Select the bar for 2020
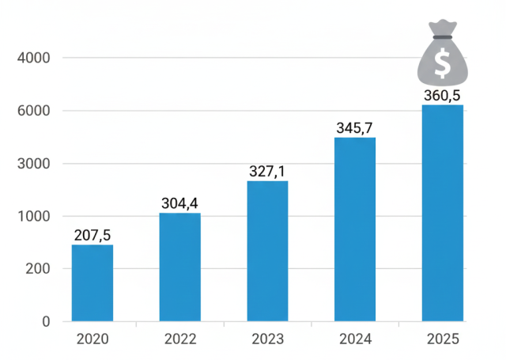pyautogui.click(x=93, y=282)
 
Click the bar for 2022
pyautogui.click(x=179, y=267)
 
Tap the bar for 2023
pyautogui.click(x=267, y=251)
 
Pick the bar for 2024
pyautogui.click(x=355, y=229)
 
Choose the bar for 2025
pyautogui.click(x=442, y=213)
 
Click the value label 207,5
pyautogui.click(x=93, y=235)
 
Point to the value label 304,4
pyautogui.click(x=179, y=203)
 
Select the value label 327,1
pyautogui.click(x=267, y=172)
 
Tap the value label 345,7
pyautogui.click(x=355, y=128)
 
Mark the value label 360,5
pyautogui.click(x=442, y=96)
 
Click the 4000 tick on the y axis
pyautogui.click(x=33, y=58)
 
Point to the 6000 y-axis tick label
pyautogui.click(x=33, y=111)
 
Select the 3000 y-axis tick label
pyautogui.click(x=33, y=164)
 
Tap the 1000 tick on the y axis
pyautogui.click(x=33, y=216)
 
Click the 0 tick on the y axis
pyautogui.click(x=46, y=322)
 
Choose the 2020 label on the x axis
pyautogui.click(x=93, y=340)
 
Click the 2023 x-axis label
pyautogui.click(x=267, y=340)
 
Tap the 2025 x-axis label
pyautogui.click(x=442, y=340)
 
